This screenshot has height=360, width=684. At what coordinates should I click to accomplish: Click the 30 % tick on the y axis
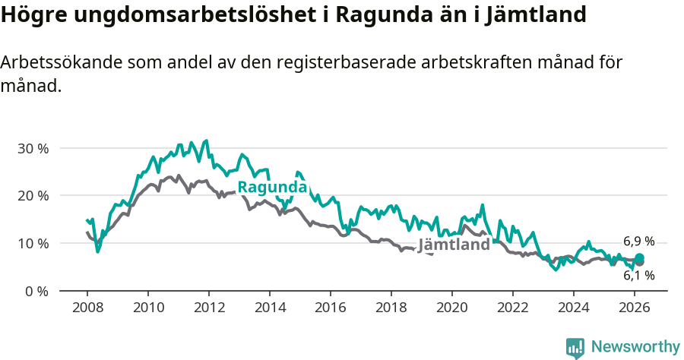click(x=32, y=148)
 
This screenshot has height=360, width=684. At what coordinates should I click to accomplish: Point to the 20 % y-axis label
click(x=32, y=196)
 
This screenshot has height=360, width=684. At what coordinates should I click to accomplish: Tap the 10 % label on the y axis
click(x=32, y=244)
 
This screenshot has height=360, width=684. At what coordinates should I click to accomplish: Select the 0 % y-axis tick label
click(x=36, y=292)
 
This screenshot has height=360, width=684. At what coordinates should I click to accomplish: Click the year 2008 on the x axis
click(x=87, y=308)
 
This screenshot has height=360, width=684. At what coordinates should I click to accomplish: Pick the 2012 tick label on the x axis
click(x=208, y=308)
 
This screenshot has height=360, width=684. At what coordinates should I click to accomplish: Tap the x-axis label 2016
click(x=330, y=308)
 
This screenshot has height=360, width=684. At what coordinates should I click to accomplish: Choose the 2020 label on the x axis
click(x=451, y=308)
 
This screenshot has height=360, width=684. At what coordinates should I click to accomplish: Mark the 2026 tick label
click(x=634, y=308)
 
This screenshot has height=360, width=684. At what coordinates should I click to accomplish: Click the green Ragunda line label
click(x=272, y=188)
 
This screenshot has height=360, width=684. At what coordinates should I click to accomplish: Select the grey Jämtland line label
click(x=454, y=245)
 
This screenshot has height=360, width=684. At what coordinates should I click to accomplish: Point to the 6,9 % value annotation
click(x=638, y=241)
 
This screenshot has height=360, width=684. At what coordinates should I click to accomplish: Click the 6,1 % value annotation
click(x=638, y=276)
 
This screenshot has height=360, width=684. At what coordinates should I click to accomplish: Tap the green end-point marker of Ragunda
click(x=639, y=258)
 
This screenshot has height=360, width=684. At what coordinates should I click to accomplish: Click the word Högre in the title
click(x=30, y=15)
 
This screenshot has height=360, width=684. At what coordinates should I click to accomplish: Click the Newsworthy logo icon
click(x=575, y=348)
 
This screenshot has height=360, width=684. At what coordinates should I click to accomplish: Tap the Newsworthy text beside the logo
click(x=635, y=347)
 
